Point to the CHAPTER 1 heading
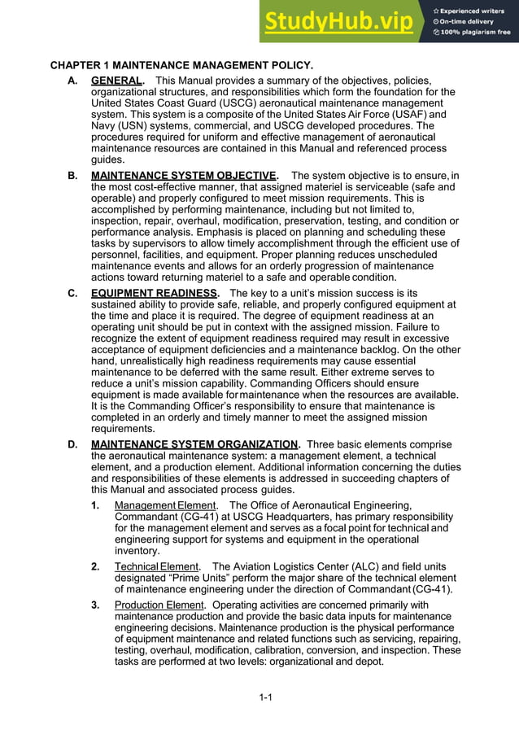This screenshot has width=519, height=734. click(181, 64)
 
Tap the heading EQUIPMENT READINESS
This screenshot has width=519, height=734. click(154, 293)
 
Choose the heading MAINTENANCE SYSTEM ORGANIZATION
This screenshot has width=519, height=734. click(194, 444)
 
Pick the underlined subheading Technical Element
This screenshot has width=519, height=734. click(156, 566)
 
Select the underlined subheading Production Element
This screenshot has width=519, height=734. click(159, 605)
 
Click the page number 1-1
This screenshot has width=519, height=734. click(265, 697)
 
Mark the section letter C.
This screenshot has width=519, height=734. click(73, 293)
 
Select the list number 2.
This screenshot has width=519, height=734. click(95, 566)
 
